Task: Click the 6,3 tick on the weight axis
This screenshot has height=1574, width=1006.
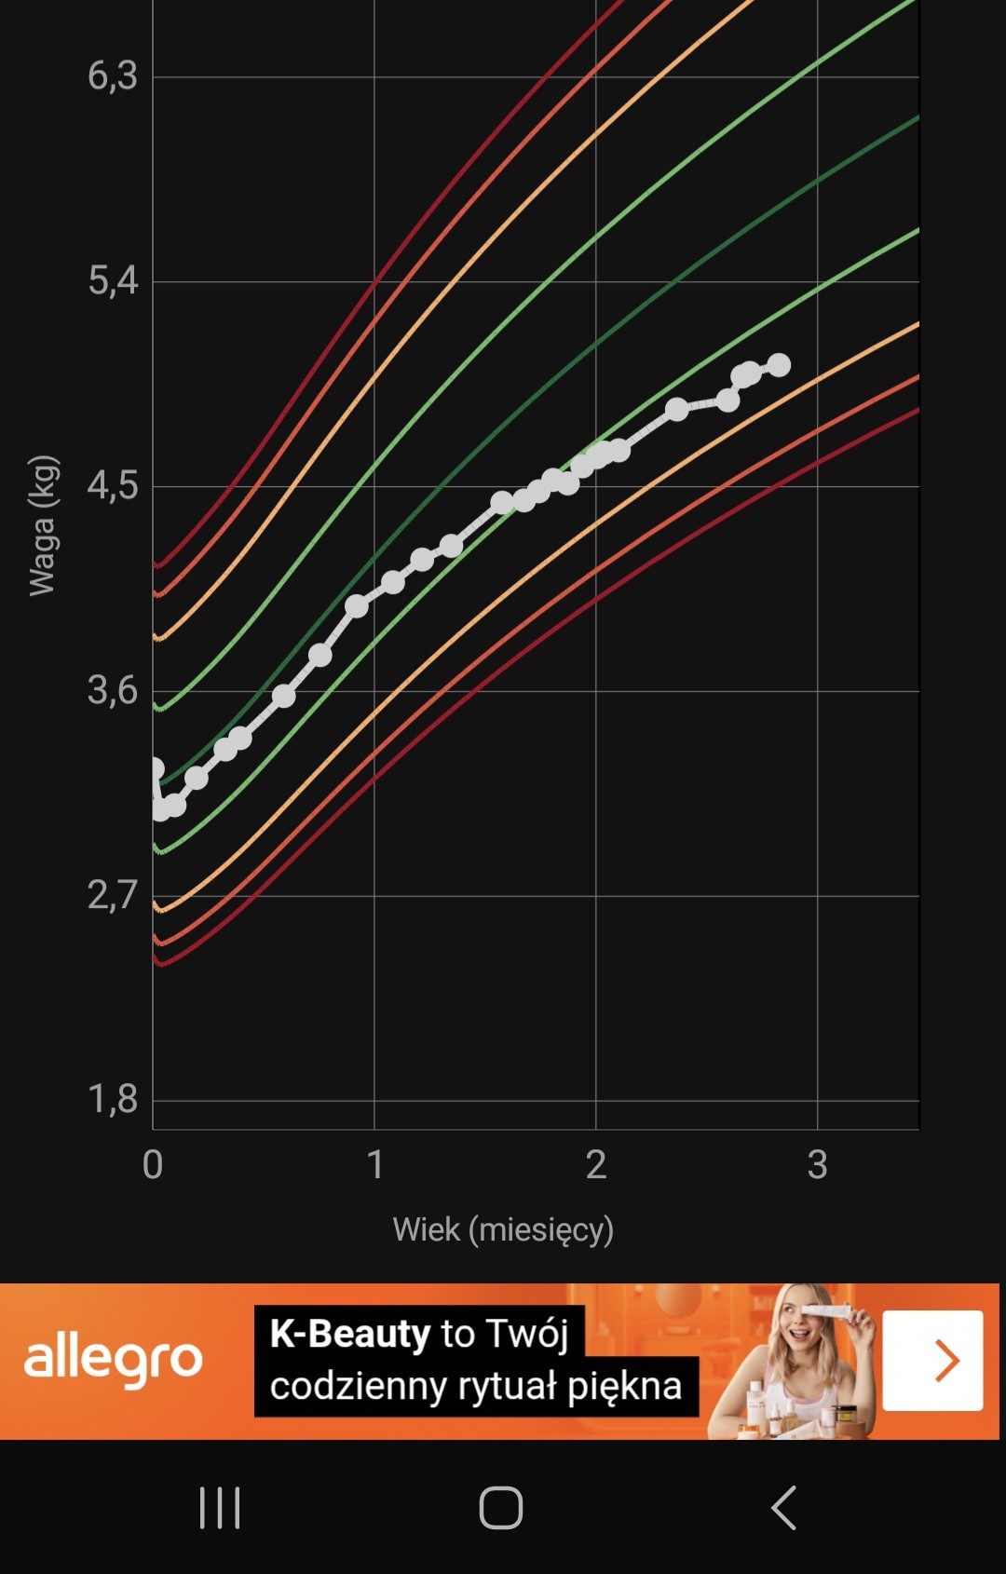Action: (x=113, y=76)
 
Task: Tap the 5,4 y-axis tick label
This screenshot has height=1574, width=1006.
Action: (x=113, y=280)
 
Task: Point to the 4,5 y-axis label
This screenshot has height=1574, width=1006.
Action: (x=113, y=485)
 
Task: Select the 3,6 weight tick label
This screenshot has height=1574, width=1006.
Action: (x=113, y=690)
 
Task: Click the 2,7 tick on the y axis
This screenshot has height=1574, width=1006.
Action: (x=113, y=895)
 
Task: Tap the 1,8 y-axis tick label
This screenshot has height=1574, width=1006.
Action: (x=113, y=1100)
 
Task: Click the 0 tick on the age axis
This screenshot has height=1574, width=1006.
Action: (x=153, y=1164)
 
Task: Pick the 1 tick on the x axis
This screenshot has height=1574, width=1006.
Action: (x=374, y=1164)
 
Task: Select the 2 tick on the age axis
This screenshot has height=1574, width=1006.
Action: (x=596, y=1164)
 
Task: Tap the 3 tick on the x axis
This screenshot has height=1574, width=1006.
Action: (x=817, y=1164)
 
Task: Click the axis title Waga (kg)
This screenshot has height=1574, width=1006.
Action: (x=43, y=525)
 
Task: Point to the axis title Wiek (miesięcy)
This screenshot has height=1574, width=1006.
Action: (x=503, y=1229)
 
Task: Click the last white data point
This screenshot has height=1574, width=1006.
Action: (x=779, y=365)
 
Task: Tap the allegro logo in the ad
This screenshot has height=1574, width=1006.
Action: (x=113, y=1361)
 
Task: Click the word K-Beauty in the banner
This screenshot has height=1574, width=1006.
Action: (x=349, y=1334)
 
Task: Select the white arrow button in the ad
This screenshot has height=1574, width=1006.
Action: (x=932, y=1361)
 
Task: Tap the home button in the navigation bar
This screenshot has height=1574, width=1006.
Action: (x=501, y=1507)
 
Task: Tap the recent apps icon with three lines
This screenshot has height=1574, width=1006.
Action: (x=220, y=1507)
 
